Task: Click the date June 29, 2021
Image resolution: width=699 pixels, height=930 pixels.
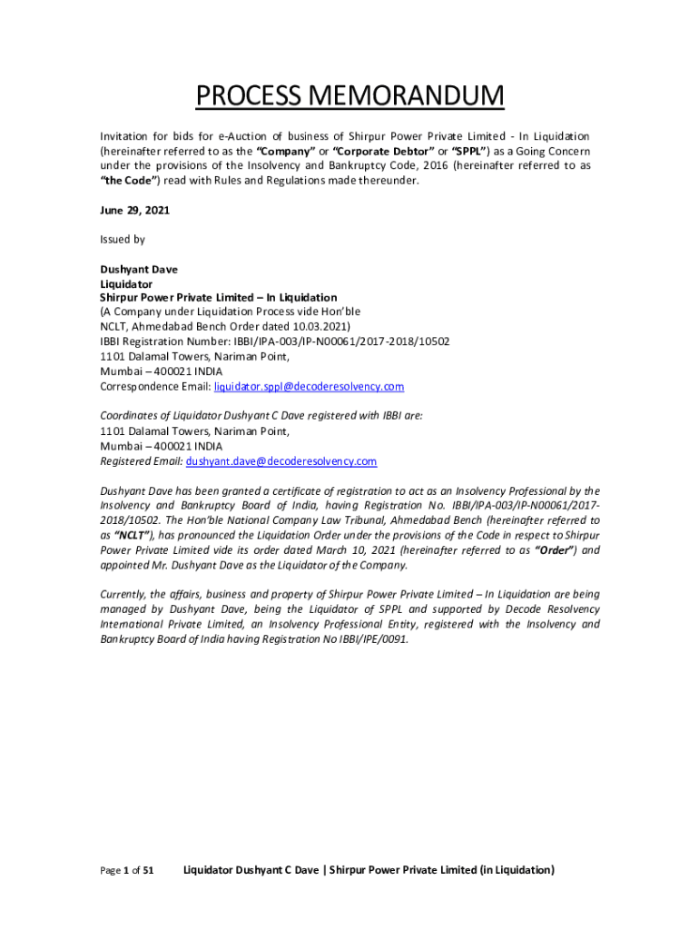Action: pos(134,210)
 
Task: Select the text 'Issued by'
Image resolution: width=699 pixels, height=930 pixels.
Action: pos(122,240)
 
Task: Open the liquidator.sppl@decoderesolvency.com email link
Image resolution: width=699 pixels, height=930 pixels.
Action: pos(309,387)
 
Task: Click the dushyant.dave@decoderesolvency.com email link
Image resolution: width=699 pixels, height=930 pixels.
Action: pos(281,461)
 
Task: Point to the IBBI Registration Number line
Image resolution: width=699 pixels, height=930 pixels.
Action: pos(274,341)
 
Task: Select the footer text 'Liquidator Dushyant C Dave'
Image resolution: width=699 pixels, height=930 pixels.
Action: pos(251,870)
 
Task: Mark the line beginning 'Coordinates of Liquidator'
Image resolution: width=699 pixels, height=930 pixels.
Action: pos(261,417)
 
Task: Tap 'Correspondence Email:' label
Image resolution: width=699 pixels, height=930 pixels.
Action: pos(154,387)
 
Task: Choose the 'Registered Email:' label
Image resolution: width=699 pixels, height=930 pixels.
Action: pos(141,461)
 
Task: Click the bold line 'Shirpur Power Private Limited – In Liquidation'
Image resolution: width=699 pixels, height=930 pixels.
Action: pos(218,298)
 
